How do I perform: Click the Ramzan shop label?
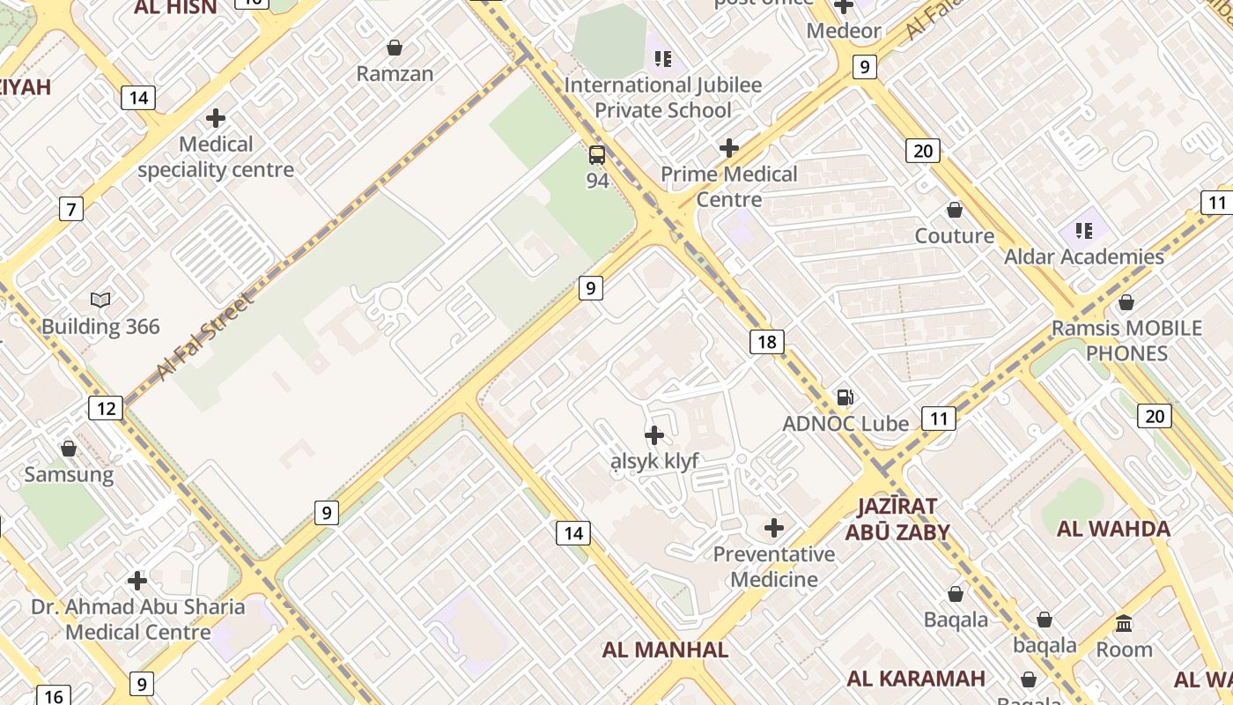click(x=395, y=74)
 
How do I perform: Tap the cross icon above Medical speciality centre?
click(x=216, y=118)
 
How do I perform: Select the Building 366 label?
click(x=101, y=327)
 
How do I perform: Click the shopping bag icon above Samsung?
click(x=69, y=449)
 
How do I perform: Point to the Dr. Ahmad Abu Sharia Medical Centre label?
click(x=138, y=620)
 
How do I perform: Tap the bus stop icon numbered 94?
click(x=597, y=156)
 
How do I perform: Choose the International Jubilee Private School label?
click(x=662, y=98)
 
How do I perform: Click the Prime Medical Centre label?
click(x=729, y=187)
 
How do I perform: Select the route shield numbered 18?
click(x=767, y=342)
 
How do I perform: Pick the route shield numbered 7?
click(x=71, y=209)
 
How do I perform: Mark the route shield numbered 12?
click(x=105, y=408)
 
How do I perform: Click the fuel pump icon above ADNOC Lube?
click(x=845, y=397)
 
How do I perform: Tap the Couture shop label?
click(x=955, y=236)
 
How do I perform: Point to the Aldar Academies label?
click(x=1084, y=257)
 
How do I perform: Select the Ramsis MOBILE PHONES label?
click(x=1126, y=341)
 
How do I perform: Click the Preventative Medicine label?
click(x=774, y=567)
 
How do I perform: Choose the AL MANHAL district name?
click(x=665, y=650)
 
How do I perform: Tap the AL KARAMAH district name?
click(x=916, y=679)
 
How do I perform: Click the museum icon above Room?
click(x=1124, y=624)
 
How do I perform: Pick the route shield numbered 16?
click(x=53, y=696)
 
